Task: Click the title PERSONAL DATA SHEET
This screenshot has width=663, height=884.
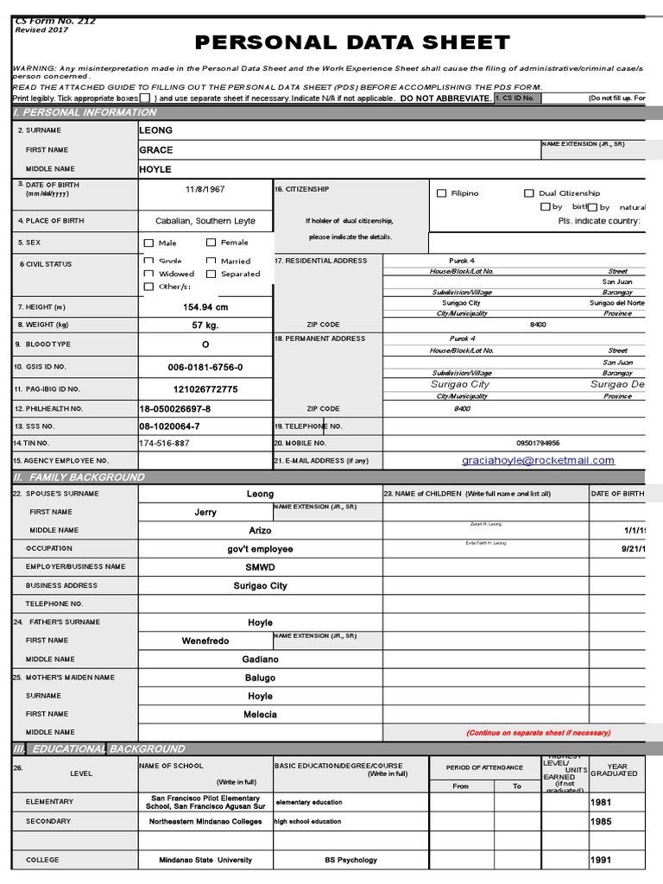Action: point(352,43)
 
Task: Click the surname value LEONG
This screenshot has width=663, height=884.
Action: point(156,130)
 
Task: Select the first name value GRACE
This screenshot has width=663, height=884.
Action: point(156,150)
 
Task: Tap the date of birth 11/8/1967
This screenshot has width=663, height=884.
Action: point(205,189)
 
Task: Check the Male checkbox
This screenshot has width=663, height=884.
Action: point(149,243)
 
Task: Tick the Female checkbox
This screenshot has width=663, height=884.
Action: point(212,243)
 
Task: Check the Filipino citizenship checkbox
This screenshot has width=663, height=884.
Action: point(442,194)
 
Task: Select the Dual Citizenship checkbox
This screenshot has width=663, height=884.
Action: point(529,194)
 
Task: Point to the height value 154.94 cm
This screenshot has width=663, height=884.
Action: point(205,307)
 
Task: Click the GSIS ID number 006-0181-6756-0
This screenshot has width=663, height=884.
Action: point(205,367)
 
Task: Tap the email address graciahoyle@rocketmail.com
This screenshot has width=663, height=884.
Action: point(538,461)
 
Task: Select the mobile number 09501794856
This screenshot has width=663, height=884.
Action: point(538,442)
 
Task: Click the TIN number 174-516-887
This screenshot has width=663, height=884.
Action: point(164,443)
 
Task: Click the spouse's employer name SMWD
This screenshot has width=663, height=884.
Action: point(260,567)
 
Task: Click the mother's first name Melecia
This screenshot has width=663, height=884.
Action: point(260,715)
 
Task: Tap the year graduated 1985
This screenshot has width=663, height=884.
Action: point(601,822)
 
